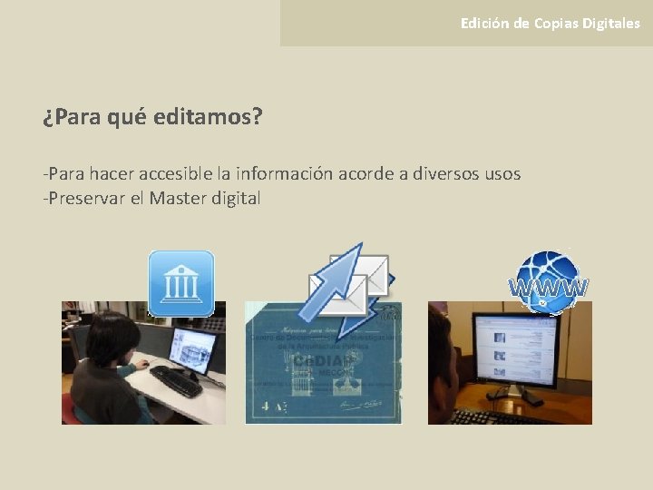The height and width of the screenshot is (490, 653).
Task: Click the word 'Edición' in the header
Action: pos(484,24)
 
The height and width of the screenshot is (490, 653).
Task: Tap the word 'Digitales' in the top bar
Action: pos(609,24)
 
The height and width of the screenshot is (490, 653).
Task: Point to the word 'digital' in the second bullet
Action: pos(236,198)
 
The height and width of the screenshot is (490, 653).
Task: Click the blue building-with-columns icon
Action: pos(181,283)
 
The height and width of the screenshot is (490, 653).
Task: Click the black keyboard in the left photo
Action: pos(176,381)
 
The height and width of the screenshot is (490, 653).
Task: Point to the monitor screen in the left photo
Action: pos(192,349)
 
